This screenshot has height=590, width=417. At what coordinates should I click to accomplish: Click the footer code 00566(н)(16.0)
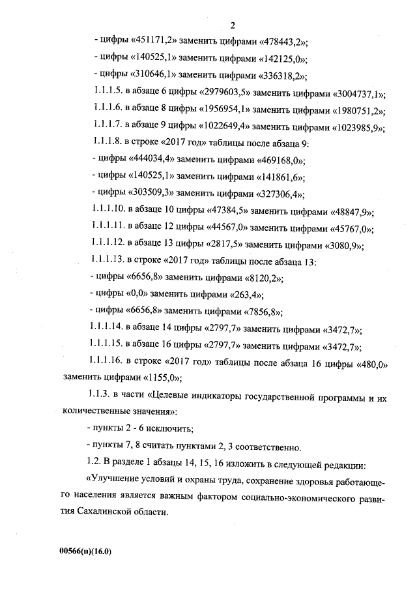[x=86, y=551]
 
